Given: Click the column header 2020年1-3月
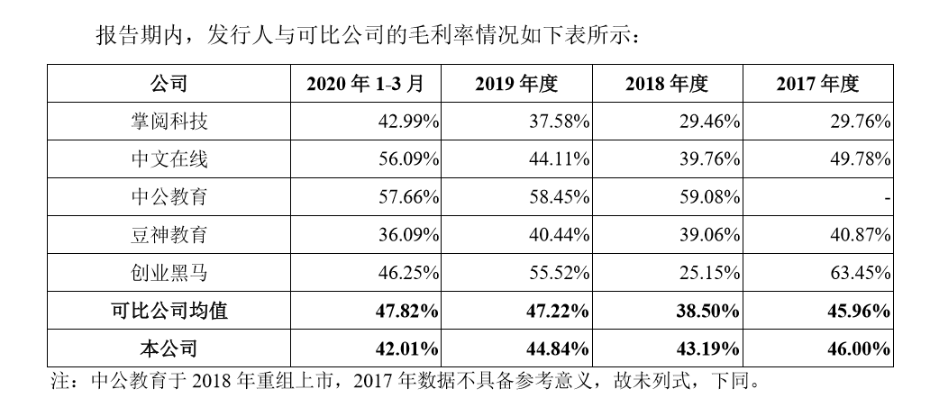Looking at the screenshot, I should pos(365,85).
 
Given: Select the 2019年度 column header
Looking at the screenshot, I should pos(516,85).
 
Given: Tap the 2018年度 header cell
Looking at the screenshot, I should pos(667,85).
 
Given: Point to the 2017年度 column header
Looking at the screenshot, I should pos(817,85).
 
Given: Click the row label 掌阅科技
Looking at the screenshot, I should pos(169,122).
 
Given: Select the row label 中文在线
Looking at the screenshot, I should pos(169,159).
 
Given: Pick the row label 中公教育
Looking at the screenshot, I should pos(169,197).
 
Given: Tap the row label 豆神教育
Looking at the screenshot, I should pos(169,235).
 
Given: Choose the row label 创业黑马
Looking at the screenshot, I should pos(169,273).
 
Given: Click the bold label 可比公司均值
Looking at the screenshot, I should pos(169,311).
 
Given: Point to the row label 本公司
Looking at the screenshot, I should pos(169,348).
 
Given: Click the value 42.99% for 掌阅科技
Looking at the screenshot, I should pos(402,122).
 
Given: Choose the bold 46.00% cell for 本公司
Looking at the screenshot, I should pos(853,348).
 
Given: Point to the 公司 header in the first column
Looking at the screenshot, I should pos(169,85).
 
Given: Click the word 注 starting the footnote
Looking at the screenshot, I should pos(59,379).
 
